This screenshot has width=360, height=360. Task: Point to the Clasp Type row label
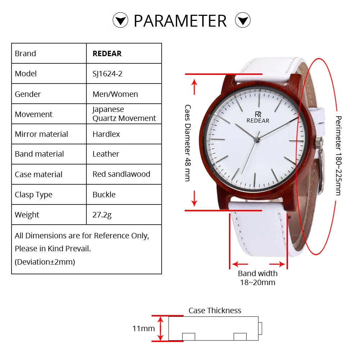point(33,195)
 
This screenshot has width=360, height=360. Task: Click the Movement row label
point(33,114)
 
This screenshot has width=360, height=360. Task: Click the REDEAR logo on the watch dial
point(258,117)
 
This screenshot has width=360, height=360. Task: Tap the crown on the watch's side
point(319,143)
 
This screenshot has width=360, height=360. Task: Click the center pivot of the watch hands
point(257,139)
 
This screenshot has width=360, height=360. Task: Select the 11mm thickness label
point(144,328)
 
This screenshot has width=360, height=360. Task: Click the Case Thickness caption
point(215,311)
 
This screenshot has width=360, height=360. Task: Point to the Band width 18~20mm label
point(258,278)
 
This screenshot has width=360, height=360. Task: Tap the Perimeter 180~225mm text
point(338,156)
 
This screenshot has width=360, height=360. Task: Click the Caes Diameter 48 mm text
point(188,143)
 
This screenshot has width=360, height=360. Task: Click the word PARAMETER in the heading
point(180,21)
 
